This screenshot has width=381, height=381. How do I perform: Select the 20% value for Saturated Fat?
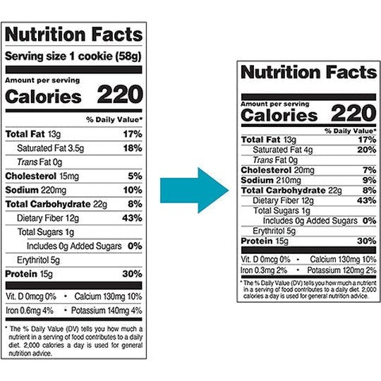tap(365, 150)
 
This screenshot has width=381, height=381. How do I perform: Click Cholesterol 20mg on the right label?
tap(268, 170)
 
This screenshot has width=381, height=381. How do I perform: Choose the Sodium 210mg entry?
tap(265, 180)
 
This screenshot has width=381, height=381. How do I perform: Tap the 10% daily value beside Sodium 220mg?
tap(133, 190)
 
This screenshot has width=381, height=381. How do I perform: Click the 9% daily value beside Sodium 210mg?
tap(368, 180)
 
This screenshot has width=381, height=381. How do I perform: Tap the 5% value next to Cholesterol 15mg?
tap(135, 176)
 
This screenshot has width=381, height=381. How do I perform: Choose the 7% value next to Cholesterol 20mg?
tap(368, 170)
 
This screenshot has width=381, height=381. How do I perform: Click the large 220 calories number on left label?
tap(119, 95)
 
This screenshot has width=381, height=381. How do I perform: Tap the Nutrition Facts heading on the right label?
tap(308, 73)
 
